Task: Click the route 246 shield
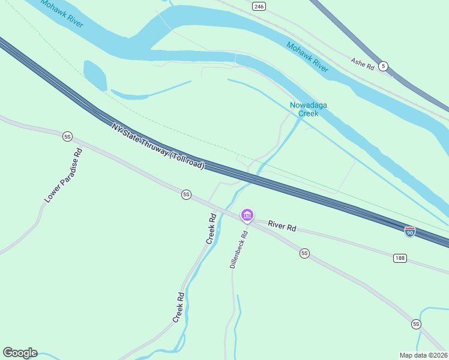pyautogui.click(x=259, y=7)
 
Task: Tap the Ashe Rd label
pyautogui.click(x=362, y=63)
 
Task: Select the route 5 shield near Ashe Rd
pyautogui.click(x=384, y=66)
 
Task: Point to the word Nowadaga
pyautogui.click(x=309, y=105)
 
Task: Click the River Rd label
pyautogui.click(x=282, y=226)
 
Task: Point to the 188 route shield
pyautogui.click(x=400, y=258)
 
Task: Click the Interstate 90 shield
pyautogui.click(x=410, y=232)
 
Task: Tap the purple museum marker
pyautogui.click(x=247, y=215)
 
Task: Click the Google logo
pyautogui.click(x=20, y=353)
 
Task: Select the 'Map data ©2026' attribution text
pyautogui.click(x=423, y=355)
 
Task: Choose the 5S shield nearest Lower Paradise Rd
pyautogui.click(x=67, y=137)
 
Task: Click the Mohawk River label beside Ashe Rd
pyautogui.click(x=307, y=57)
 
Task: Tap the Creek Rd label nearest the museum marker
pyautogui.click(x=211, y=229)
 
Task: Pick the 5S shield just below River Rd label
pyautogui.click(x=304, y=254)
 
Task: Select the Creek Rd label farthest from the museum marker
pyautogui.click(x=178, y=308)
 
